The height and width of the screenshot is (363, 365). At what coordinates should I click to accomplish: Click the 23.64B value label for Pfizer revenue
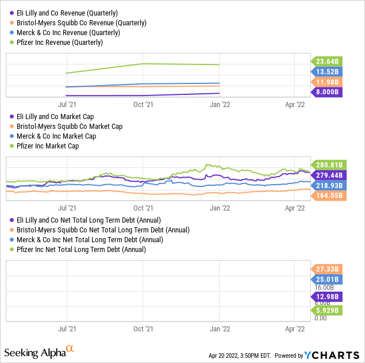(x=327, y=61)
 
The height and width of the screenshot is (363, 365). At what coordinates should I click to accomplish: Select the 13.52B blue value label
(x=327, y=71)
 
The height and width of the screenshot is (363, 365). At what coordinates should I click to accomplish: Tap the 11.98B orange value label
(x=327, y=82)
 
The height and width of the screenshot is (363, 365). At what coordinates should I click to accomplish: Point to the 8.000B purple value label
(x=327, y=92)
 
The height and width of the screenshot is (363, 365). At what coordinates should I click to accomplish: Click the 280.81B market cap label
(x=327, y=165)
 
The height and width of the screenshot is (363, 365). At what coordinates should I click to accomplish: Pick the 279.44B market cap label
(x=327, y=175)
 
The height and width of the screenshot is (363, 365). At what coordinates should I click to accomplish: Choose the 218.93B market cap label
(x=327, y=185)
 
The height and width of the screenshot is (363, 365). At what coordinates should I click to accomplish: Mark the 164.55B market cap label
(x=327, y=196)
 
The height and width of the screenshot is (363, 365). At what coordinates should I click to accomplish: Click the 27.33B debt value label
(x=327, y=269)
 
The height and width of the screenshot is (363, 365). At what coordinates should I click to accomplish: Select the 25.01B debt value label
(x=327, y=279)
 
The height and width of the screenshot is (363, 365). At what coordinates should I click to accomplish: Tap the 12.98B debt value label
(x=327, y=297)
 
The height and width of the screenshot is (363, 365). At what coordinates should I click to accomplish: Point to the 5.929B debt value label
(x=327, y=310)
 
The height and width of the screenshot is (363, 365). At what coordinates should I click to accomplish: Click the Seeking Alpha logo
(x=39, y=351)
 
